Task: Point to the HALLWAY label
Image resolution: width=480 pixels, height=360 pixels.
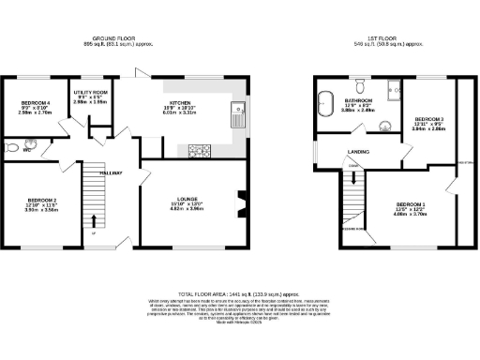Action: coord(112,173)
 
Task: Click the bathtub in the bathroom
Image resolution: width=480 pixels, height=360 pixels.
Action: coord(328,103)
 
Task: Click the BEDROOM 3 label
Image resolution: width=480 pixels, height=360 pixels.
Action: coord(428,120)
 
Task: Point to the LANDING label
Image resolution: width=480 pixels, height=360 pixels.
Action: coord(358,150)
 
